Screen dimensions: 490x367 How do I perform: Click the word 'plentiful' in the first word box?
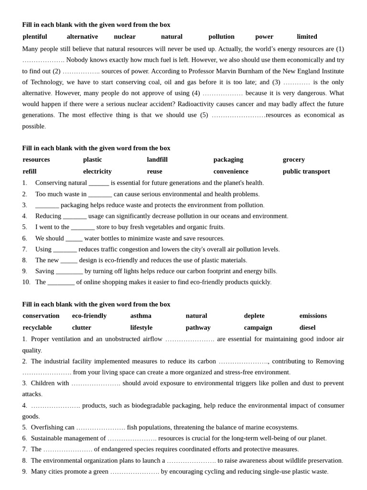click(x=35, y=36)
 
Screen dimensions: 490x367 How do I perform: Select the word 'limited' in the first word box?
click(x=307, y=36)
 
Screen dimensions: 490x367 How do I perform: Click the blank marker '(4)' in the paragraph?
click(x=196, y=93)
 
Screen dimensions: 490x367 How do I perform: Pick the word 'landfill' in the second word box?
click(x=157, y=159)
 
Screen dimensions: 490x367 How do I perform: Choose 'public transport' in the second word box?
click(x=306, y=171)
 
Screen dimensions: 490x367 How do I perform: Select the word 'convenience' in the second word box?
click(x=231, y=171)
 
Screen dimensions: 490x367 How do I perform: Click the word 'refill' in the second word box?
click(x=30, y=171)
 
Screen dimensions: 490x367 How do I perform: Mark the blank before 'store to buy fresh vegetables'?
click(x=83, y=227)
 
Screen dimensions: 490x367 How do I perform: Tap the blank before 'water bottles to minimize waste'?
click(x=74, y=238)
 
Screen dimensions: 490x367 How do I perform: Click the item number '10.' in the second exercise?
click(x=26, y=282)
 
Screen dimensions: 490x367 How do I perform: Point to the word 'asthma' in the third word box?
click(x=140, y=316)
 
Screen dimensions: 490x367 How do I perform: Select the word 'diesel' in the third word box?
click(x=307, y=327)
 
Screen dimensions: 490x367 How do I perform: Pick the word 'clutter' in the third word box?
click(x=82, y=327)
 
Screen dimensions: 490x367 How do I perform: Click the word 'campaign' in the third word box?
click(x=258, y=327)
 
